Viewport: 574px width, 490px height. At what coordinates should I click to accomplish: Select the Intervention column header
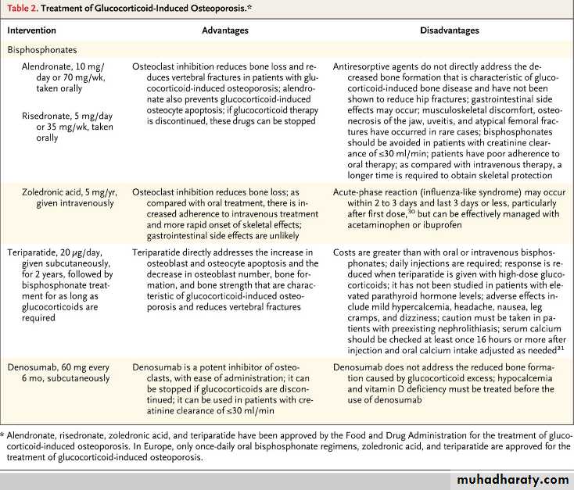[34, 30]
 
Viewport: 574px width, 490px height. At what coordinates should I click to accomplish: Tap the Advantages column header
[225, 30]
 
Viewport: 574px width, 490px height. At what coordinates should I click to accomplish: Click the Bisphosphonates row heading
[41, 48]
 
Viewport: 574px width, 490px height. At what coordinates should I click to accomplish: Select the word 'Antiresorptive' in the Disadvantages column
[364, 68]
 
